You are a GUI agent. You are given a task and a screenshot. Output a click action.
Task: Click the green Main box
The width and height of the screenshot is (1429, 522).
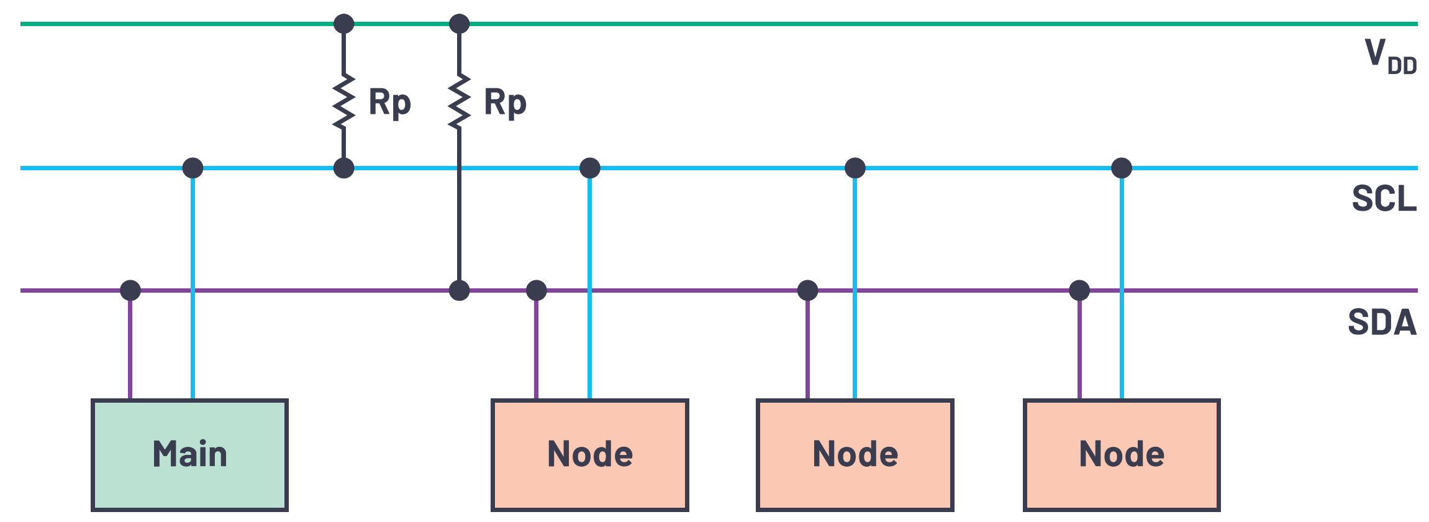(x=189, y=455)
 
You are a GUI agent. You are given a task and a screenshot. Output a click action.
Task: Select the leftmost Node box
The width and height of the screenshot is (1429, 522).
(x=589, y=455)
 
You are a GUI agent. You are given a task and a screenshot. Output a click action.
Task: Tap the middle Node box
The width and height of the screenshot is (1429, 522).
(x=855, y=455)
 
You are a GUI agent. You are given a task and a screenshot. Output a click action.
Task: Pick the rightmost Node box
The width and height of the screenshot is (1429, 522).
(x=1122, y=455)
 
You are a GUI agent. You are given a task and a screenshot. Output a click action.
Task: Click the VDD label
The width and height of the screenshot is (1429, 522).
(x=1390, y=56)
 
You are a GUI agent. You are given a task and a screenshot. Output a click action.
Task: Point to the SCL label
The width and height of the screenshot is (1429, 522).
(x=1384, y=198)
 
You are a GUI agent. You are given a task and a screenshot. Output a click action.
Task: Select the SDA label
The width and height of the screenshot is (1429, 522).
(x=1382, y=322)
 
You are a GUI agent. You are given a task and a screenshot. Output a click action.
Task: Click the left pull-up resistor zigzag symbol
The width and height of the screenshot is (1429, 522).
(x=344, y=101)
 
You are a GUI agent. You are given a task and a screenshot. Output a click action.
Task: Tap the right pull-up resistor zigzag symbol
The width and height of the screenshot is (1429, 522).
(x=460, y=101)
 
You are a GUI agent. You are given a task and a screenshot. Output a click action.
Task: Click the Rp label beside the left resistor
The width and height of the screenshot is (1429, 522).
(x=390, y=103)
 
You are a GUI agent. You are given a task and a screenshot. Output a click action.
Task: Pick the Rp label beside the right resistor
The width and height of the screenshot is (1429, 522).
(x=506, y=103)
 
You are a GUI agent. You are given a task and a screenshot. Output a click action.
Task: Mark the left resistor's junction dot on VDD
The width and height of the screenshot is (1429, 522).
(x=344, y=24)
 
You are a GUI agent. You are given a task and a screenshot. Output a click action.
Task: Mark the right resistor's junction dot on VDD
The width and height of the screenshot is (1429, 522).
(x=460, y=24)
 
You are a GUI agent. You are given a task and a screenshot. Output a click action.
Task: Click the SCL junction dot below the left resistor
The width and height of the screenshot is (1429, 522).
(x=344, y=168)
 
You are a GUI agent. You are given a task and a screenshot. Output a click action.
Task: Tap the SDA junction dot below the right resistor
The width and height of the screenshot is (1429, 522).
(x=460, y=290)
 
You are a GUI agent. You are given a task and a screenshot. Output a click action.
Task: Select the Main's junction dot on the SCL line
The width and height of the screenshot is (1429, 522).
(x=193, y=168)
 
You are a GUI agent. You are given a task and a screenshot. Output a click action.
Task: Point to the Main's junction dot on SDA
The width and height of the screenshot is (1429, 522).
(x=130, y=290)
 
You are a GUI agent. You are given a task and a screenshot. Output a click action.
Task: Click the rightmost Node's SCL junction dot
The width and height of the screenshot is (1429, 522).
(x=1122, y=168)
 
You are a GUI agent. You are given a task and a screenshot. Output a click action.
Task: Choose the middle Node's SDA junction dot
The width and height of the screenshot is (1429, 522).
(x=807, y=290)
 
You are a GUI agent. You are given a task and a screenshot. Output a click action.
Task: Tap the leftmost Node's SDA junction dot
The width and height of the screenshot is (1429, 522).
(x=537, y=290)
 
